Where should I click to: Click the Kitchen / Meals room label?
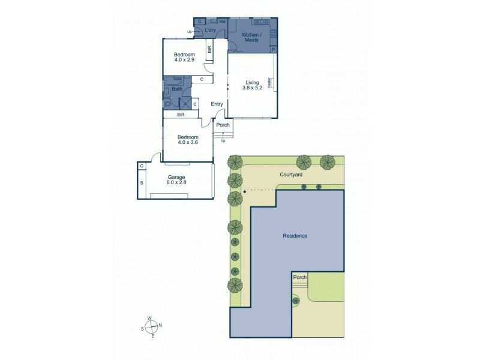pos(250,38)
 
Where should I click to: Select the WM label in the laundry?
pos(221,22)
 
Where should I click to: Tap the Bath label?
pos(177,89)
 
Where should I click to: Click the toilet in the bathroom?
pos(168,103)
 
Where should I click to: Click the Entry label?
pos(217,104)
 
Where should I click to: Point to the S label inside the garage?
pos(142,182)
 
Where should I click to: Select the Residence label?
pos(295,236)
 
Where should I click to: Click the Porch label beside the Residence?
pos(299,278)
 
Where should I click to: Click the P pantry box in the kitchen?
pos(273,49)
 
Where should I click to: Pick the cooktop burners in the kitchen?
pos(273,33)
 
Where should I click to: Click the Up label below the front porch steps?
pos(223,141)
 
